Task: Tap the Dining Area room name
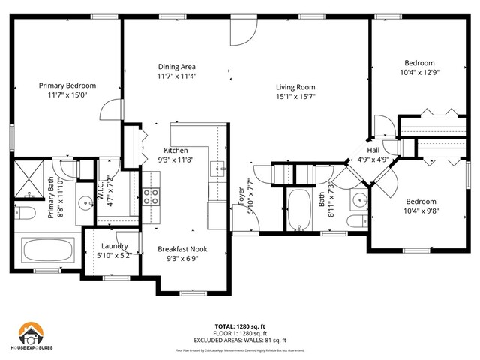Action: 176,66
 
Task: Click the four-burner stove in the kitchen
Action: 151,196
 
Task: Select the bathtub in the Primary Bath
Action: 47,250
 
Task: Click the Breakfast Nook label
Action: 182,248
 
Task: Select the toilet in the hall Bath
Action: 357,221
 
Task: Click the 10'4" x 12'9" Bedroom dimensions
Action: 419,73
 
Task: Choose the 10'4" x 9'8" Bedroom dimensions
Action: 420,211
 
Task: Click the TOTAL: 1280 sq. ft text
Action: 239,326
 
